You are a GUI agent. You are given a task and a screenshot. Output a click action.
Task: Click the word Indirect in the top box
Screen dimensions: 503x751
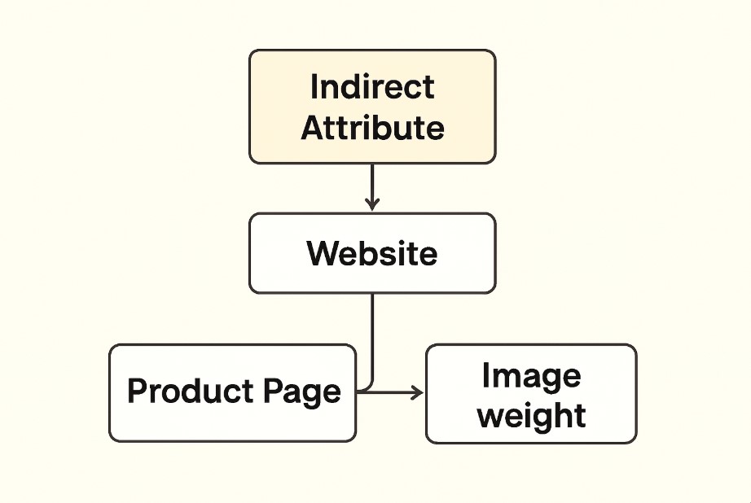372,87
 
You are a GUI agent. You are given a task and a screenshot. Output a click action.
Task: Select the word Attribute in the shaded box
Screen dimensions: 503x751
372,128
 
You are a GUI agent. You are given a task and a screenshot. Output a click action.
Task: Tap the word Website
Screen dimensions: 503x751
371,253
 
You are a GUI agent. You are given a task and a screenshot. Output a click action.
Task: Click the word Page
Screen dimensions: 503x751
302,393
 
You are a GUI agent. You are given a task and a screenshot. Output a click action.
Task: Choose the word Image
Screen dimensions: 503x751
531,376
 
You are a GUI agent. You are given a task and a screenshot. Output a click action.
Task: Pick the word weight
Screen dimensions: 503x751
531,415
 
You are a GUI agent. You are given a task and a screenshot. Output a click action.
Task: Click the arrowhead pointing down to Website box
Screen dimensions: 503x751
372,203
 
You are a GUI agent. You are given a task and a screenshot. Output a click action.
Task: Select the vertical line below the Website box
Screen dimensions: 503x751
372,334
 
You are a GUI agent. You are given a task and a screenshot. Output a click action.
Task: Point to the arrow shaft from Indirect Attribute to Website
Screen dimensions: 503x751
372,183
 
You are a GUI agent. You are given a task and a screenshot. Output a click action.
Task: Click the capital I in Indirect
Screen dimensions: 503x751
314,86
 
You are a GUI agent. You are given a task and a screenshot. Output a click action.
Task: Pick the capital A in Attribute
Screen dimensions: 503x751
312,128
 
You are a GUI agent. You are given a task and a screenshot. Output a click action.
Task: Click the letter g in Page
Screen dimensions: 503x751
307,396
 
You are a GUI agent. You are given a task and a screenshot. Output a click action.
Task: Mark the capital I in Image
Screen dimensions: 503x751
486,376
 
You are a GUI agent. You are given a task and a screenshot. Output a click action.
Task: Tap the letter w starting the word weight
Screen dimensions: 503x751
490,416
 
